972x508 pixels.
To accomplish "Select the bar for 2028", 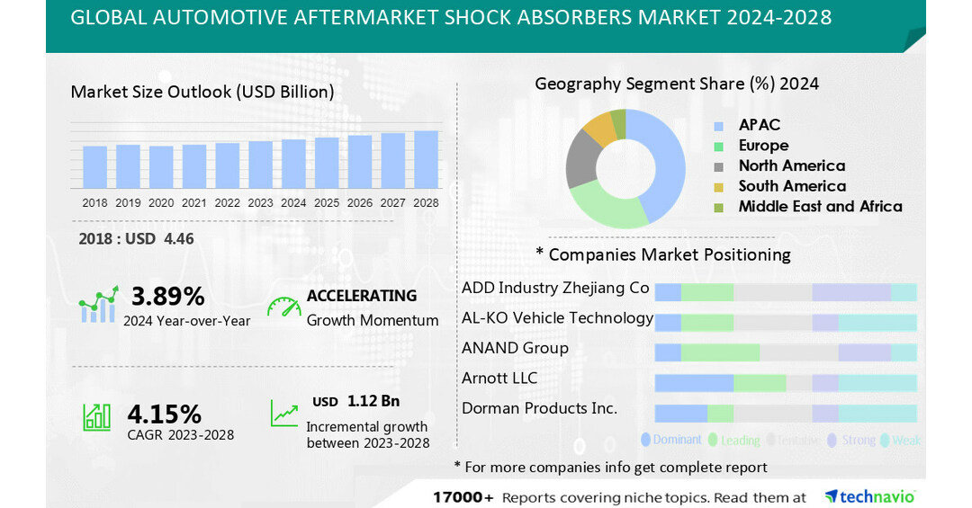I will pyautogui.click(x=426, y=159).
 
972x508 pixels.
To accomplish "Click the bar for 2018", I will pyautogui.click(x=94, y=166).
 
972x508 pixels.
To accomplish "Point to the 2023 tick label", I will pyautogui.click(x=260, y=203).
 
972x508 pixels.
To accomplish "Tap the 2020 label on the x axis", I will pyautogui.click(x=161, y=203).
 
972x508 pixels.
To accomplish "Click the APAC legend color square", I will pyautogui.click(x=718, y=126).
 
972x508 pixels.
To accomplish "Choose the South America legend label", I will pyautogui.click(x=792, y=186).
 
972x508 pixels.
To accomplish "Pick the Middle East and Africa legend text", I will pyautogui.click(x=820, y=207).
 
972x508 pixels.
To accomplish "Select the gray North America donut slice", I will pyautogui.click(x=582, y=161).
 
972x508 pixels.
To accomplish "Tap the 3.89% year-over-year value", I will pyautogui.click(x=168, y=296).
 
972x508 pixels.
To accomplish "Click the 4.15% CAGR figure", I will pyautogui.click(x=164, y=414).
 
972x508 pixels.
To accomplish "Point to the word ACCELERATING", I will pyautogui.click(x=362, y=296).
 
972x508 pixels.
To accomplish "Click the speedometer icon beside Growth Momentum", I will pyautogui.click(x=284, y=307).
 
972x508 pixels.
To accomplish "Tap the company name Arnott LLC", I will pyautogui.click(x=499, y=378).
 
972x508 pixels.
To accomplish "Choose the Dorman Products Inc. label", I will pyautogui.click(x=539, y=408).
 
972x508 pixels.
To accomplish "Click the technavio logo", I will pyautogui.click(x=869, y=496).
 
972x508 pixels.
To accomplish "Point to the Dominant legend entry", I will pyautogui.click(x=671, y=440).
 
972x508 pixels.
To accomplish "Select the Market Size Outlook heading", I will pyautogui.click(x=202, y=91).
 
